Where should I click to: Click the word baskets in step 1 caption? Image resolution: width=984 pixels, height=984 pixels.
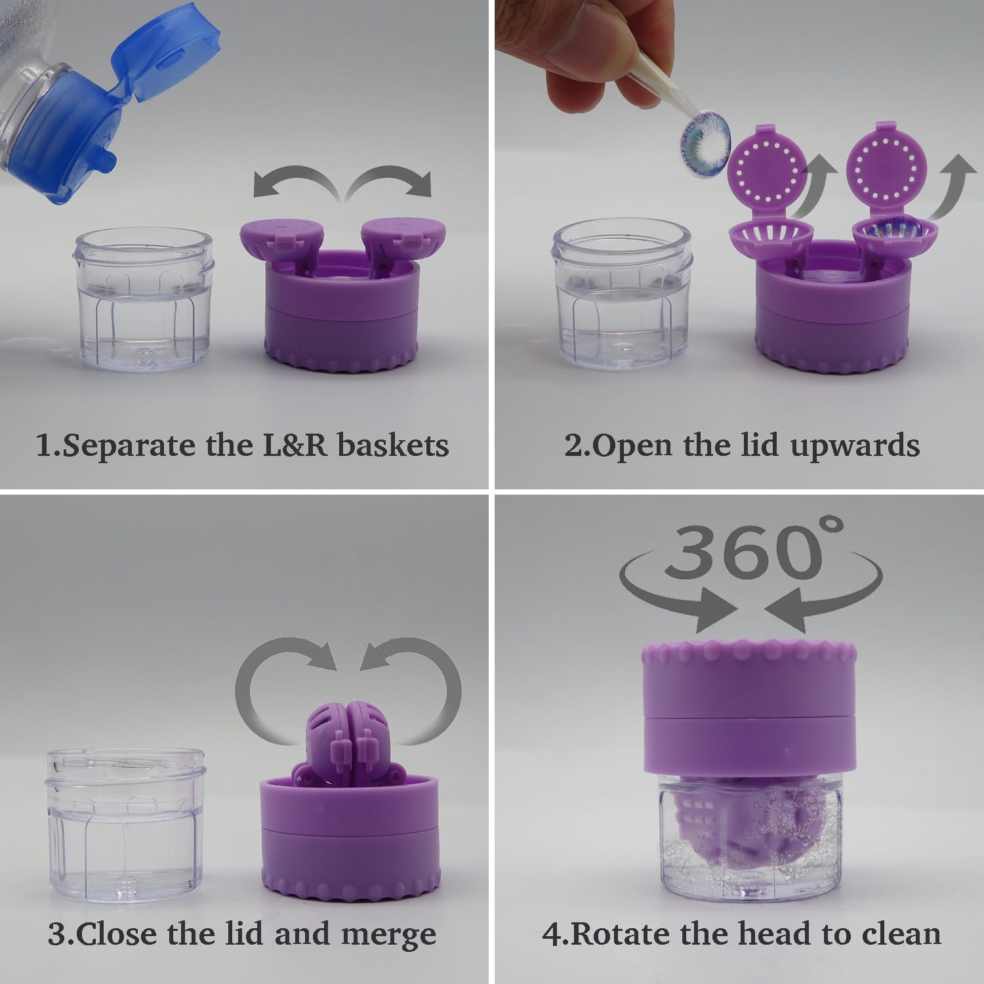coord(393,445)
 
